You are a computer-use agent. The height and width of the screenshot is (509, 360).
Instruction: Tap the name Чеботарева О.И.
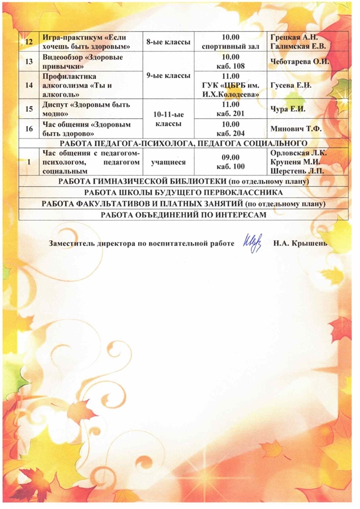299,62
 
